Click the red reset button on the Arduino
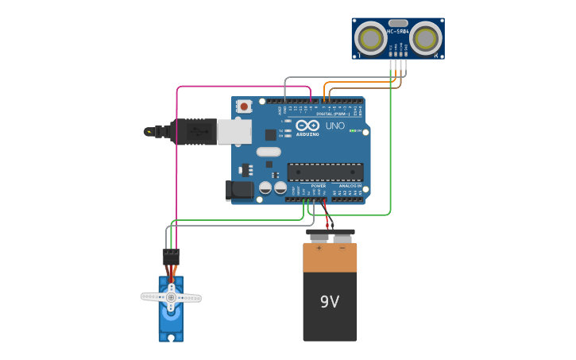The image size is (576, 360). pos(244,106)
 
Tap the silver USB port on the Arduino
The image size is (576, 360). pos(234,132)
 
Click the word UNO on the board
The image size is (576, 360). pos(335,126)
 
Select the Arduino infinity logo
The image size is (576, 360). pos(307,126)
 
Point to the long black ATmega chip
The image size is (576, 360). pos(325,172)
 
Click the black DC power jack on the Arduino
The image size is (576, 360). pos(240,190)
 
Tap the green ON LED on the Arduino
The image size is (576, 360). pos(354,130)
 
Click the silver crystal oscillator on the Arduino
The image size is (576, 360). pos(269,152)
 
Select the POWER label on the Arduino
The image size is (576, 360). pos(319,186)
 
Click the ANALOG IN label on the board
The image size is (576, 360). pos(350,186)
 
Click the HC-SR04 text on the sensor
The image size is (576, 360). pos(397,32)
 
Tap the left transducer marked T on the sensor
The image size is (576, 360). pos(369,38)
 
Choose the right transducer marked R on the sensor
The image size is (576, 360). pos(426,38)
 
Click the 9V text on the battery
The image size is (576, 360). pos(330,302)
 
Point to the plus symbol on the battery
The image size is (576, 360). pos(319,248)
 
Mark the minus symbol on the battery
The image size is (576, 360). pos(342,248)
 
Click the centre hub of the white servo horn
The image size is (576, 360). pos(171,297)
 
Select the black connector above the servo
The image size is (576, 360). pos(171,257)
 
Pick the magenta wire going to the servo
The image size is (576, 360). pos(176,159)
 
